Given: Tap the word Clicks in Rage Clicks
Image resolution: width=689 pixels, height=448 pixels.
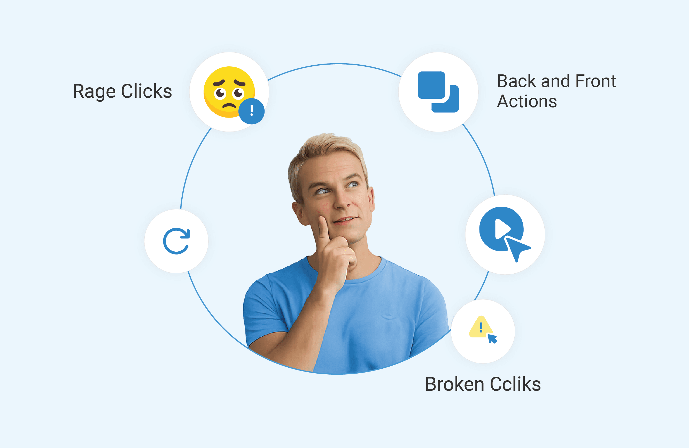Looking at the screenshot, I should click(x=146, y=91).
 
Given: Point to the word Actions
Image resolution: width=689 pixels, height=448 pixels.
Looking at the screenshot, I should click(x=527, y=101).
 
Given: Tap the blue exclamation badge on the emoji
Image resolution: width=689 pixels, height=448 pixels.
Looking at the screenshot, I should click(x=251, y=111).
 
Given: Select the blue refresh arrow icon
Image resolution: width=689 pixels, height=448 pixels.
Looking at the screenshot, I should click(x=176, y=241).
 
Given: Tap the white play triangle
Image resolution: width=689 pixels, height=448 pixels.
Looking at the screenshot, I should click(x=502, y=229).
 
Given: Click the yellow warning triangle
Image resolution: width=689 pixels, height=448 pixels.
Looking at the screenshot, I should click(x=480, y=327).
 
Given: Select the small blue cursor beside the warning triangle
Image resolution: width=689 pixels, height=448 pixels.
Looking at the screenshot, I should click(x=492, y=338).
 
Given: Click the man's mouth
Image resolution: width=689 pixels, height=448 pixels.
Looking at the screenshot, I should click(x=346, y=220).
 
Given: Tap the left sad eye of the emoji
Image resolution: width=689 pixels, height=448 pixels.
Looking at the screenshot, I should click(x=220, y=93).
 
